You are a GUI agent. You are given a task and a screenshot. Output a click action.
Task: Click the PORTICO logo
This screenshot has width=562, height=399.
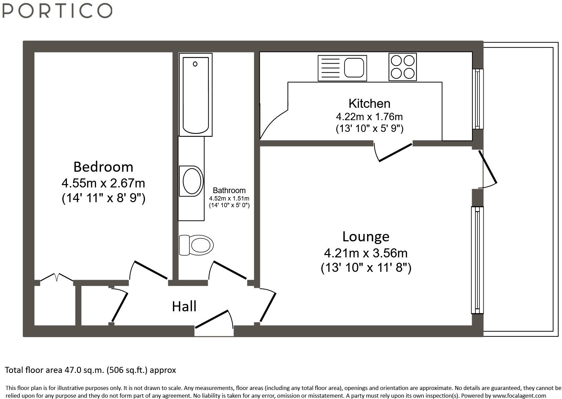pyautogui.click(x=57, y=11)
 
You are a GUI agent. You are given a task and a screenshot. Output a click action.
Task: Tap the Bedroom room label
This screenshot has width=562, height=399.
pyautogui.click(x=103, y=167)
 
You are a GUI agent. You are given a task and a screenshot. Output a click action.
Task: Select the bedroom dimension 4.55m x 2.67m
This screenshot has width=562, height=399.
pyautogui.click(x=103, y=183)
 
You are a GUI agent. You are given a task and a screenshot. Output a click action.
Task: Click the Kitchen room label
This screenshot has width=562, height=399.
pyautogui.click(x=369, y=103)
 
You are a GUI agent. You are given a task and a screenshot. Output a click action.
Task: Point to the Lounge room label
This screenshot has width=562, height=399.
pyautogui.click(x=366, y=237)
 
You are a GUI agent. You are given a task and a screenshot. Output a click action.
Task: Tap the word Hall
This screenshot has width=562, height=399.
pyautogui.click(x=184, y=307)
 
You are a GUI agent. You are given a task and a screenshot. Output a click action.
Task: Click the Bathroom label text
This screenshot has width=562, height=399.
pyautogui.click(x=229, y=190)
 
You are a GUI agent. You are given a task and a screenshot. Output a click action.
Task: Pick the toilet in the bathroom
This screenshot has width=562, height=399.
pyautogui.click(x=196, y=245)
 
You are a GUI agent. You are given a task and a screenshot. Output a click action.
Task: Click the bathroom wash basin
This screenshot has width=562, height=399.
pyautogui.click(x=192, y=181)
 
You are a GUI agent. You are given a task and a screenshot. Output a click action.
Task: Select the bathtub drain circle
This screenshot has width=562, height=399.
pyautogui.click(x=195, y=64)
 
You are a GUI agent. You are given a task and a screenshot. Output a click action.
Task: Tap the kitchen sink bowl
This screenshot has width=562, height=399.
pyautogui.click(x=354, y=68)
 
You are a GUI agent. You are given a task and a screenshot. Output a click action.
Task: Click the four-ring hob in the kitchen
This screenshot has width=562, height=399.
pyautogui.click(x=403, y=67)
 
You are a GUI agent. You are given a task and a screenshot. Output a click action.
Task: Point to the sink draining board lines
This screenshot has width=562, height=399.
pyautogui.click(x=331, y=68)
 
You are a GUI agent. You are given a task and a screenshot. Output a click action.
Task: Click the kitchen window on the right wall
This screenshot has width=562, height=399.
pyautogui.click(x=478, y=99)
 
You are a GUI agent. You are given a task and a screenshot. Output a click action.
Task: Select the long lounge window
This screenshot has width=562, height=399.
pyautogui.click(x=477, y=260)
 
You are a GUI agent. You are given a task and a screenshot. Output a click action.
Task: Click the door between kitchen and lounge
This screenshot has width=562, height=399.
pyautogui.click(x=393, y=152)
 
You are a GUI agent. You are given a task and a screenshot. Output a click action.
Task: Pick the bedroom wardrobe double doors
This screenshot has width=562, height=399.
pyautogui.click(x=57, y=277)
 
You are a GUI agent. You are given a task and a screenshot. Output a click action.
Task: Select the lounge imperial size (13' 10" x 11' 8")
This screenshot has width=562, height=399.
pyautogui.click(x=366, y=267)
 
